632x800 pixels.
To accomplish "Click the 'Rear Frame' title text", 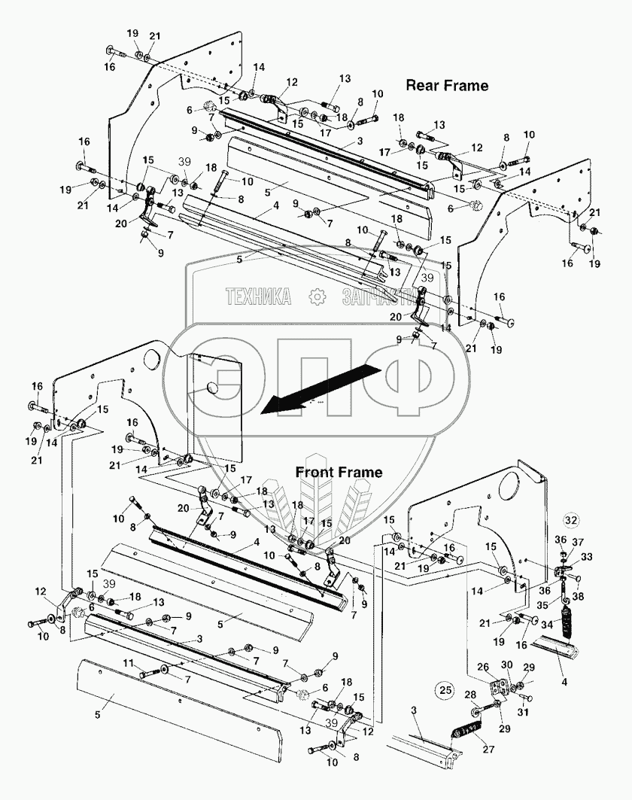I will (447, 86).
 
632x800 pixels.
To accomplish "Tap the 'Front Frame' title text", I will (339, 473).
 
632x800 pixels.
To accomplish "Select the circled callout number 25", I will (446, 689).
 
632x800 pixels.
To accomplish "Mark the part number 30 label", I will (506, 665).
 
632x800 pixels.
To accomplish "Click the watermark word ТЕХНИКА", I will (258, 298).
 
